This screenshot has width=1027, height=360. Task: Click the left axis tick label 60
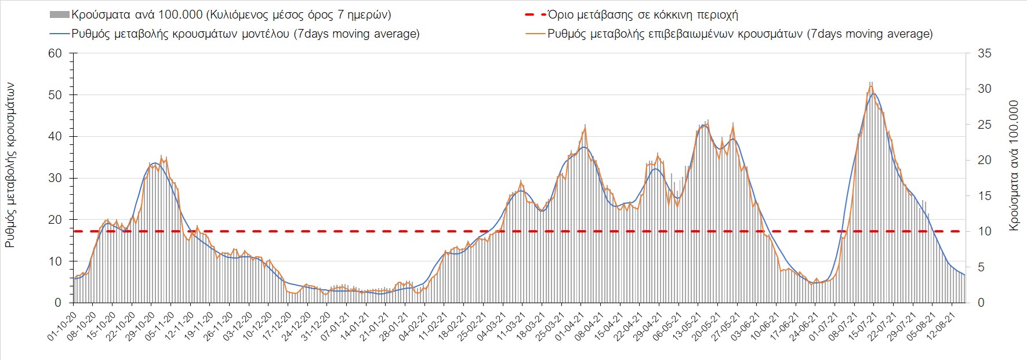pyautogui.click(x=55, y=53)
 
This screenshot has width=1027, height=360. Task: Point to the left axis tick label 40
pyautogui.click(x=55, y=137)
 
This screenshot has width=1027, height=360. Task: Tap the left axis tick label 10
pyautogui.click(x=55, y=261)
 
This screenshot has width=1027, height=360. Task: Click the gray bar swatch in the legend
pyautogui.click(x=60, y=14)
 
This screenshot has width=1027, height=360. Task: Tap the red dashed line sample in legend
pyautogui.click(x=535, y=14)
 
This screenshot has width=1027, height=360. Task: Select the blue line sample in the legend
pyautogui.click(x=60, y=34)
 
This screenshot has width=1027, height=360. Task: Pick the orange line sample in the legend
pyautogui.click(x=535, y=34)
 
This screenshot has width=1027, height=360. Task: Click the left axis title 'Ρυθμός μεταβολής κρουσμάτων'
pyautogui.click(x=10, y=165)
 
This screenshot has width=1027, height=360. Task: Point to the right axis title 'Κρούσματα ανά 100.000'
pyautogui.click(x=1014, y=166)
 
